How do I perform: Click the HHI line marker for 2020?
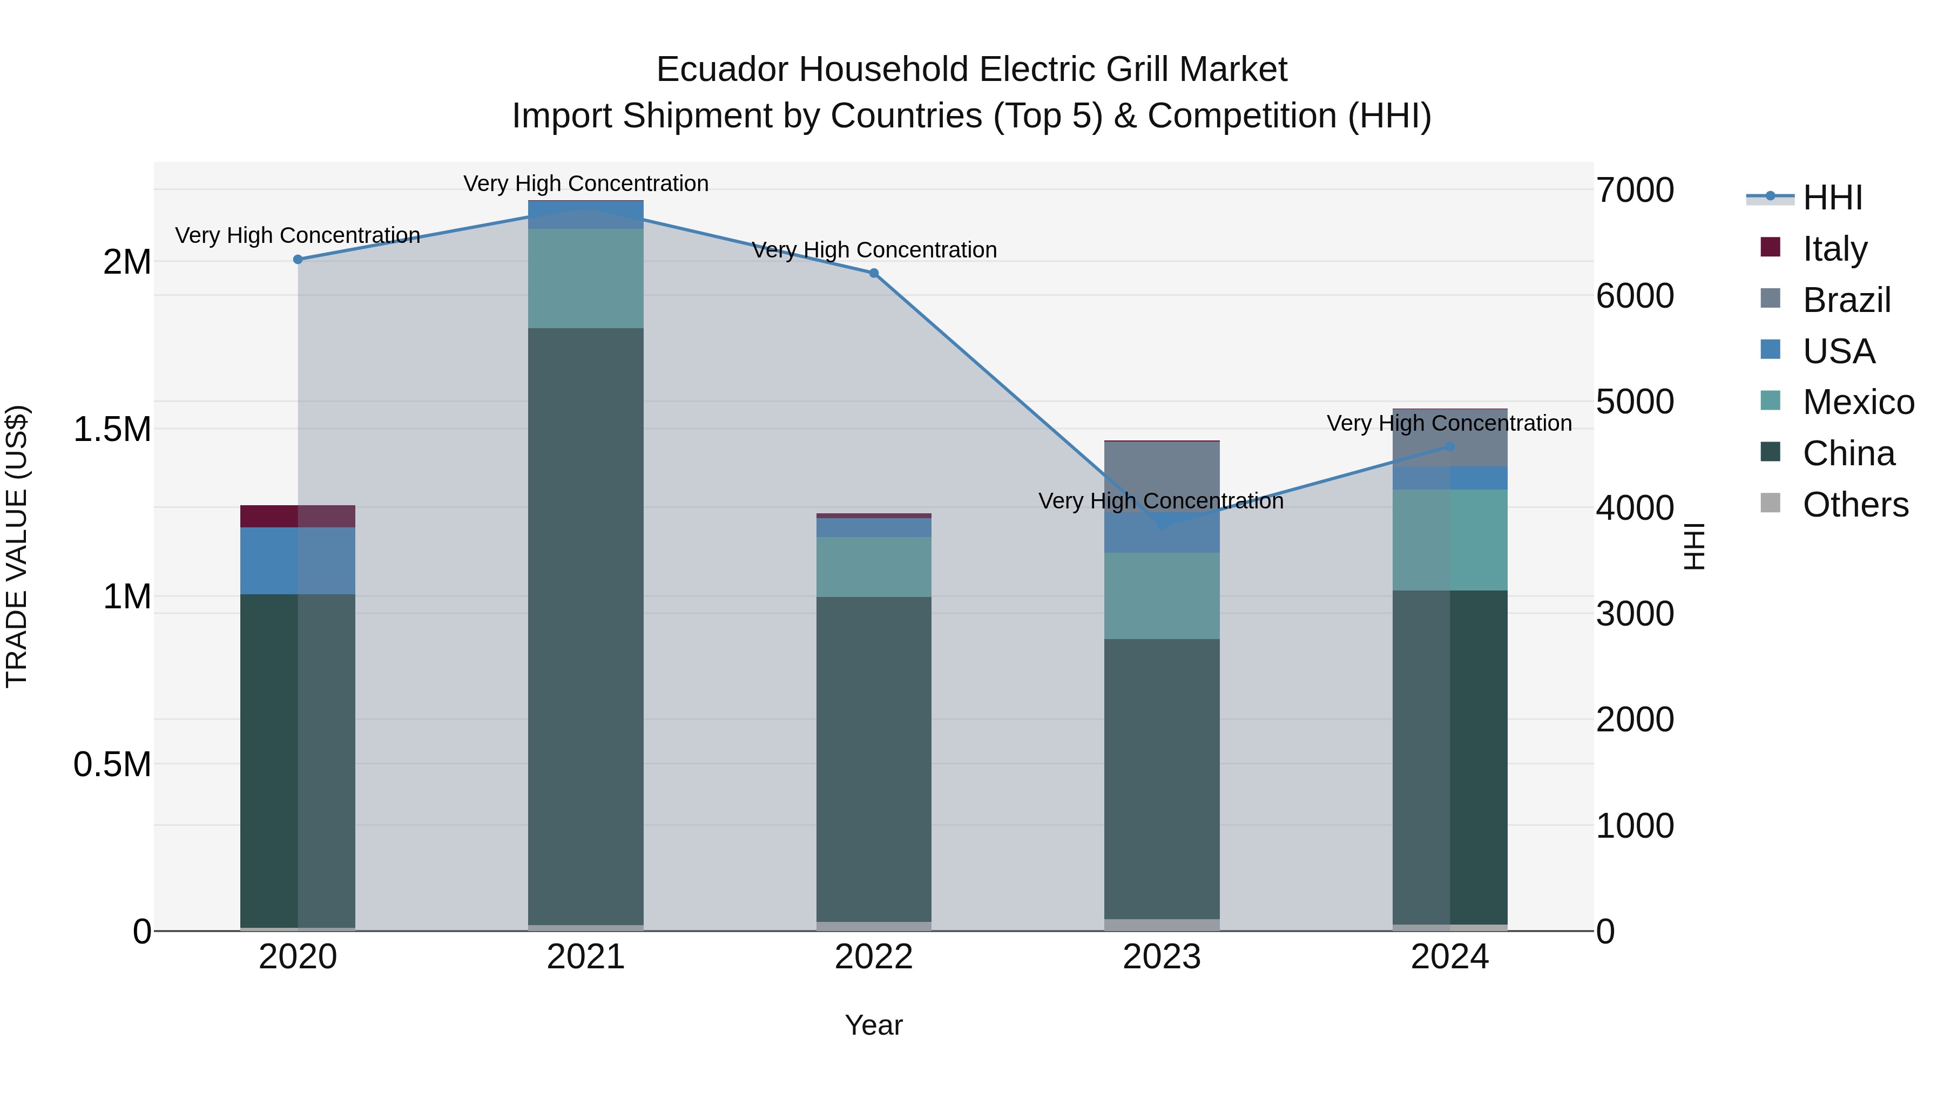(298, 260)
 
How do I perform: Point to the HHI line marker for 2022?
(874, 273)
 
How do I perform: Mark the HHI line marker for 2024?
(1450, 446)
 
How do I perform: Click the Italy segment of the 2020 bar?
(298, 516)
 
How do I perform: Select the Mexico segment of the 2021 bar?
(585, 279)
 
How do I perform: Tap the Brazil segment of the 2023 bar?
(1162, 467)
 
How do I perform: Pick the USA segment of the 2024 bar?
(1450, 478)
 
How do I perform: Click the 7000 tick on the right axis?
(1635, 190)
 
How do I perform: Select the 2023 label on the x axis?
(1162, 957)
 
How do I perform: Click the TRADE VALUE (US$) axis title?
(17, 546)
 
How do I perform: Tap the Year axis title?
(873, 1025)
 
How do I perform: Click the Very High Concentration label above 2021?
(585, 184)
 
